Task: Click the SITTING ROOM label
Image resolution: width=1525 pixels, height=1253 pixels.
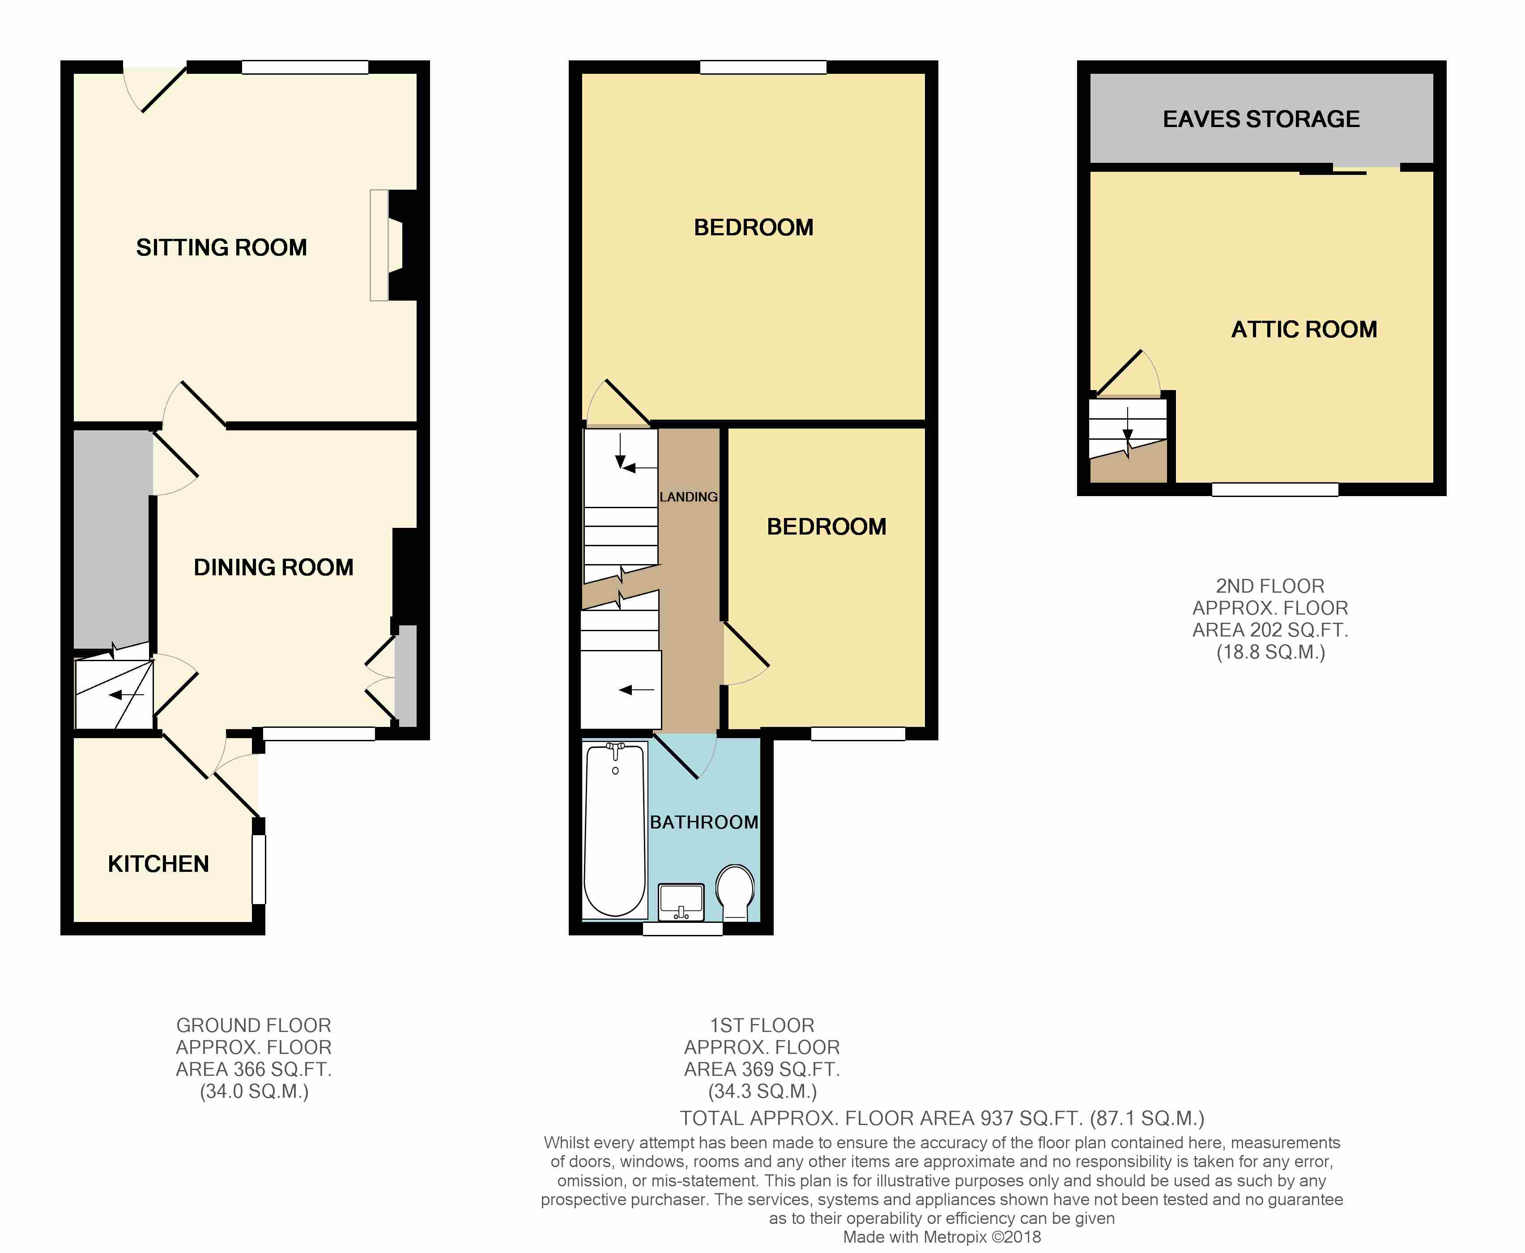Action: pos(222,247)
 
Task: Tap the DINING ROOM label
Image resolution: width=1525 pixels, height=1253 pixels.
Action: pos(274,567)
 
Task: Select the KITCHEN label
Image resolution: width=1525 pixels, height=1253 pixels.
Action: pos(158,864)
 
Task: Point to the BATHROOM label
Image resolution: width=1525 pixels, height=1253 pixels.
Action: pos(704,822)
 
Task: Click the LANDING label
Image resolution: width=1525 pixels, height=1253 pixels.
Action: pos(688,497)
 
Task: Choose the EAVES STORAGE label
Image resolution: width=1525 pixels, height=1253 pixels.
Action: pos(1261,119)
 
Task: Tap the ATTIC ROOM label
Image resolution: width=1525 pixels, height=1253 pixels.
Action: pos(1304,329)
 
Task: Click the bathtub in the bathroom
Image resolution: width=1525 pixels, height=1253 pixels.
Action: pos(614,830)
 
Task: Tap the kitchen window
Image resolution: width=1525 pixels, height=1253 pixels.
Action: pos(259,869)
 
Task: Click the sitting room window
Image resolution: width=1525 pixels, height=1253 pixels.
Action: pos(305,67)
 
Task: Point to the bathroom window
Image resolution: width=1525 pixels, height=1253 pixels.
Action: pos(682,929)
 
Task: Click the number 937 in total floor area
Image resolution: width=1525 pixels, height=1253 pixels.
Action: pos(997,1119)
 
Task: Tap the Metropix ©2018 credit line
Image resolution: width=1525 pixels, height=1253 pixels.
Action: pos(941,1237)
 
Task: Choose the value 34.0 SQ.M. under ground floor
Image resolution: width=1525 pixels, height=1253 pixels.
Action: pos(254,1092)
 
